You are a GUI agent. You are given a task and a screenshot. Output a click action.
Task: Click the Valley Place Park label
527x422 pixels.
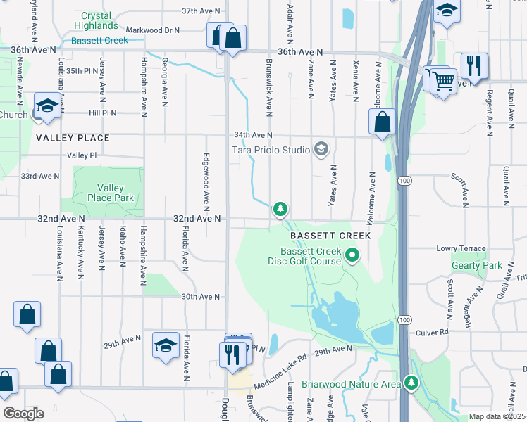coord(111,193)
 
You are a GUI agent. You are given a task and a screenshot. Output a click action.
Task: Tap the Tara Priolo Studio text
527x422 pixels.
coord(271,150)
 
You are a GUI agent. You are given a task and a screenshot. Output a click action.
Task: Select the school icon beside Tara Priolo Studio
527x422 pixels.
coord(321,149)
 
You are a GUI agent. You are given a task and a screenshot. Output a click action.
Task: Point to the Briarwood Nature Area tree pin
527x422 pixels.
coord(411,383)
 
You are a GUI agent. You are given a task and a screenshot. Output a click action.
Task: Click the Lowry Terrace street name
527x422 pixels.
coord(461,249)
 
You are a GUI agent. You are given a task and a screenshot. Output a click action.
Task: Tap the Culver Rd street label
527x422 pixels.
coord(432,332)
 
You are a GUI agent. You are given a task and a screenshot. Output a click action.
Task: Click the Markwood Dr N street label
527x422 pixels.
coord(152,30)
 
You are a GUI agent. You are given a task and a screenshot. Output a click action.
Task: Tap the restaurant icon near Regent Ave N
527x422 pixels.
coord(474,65)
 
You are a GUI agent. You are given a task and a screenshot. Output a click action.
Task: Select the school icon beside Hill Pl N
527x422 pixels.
coord(47,106)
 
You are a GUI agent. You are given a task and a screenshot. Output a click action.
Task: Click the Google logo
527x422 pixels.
coord(23,413)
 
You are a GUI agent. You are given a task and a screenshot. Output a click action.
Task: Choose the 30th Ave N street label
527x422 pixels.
coord(201,297)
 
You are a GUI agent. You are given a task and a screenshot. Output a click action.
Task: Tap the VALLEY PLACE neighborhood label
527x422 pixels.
coord(73,139)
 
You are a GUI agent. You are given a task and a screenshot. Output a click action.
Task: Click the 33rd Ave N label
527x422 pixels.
coord(40,176)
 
